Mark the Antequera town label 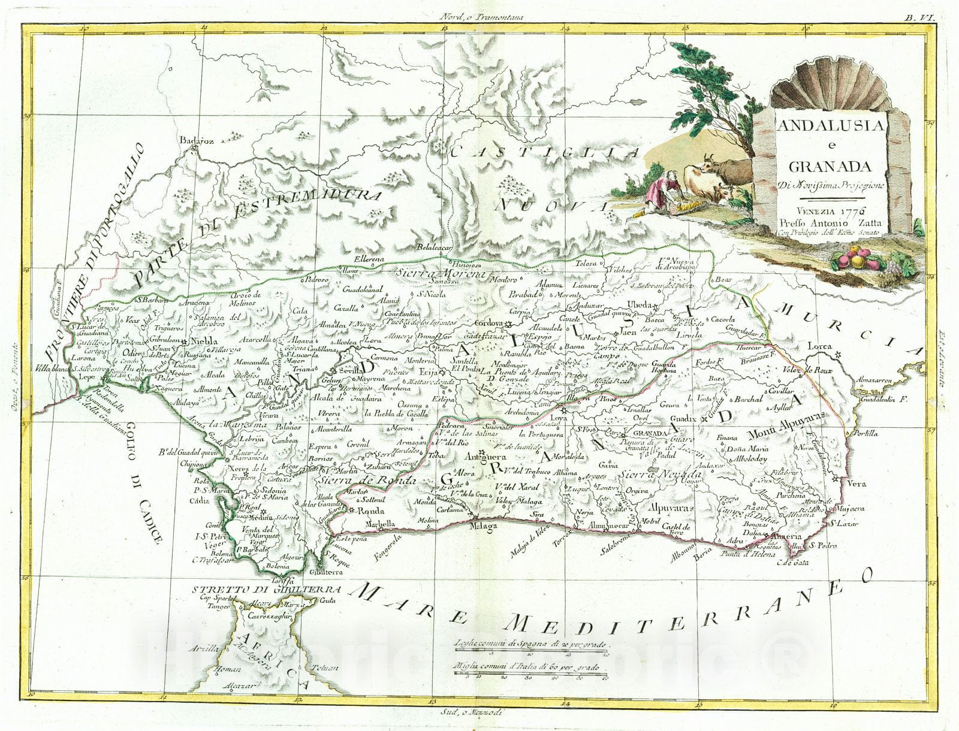pyautogui.click(x=485, y=455)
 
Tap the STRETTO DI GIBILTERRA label pyautogui.click(x=266, y=588)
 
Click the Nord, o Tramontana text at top pyautogui.click(x=480, y=17)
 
